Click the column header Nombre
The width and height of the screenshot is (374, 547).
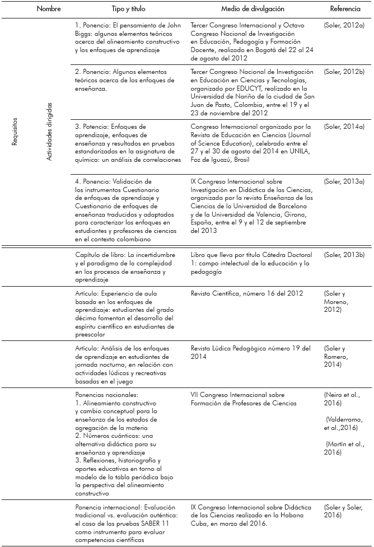tap(49, 9)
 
